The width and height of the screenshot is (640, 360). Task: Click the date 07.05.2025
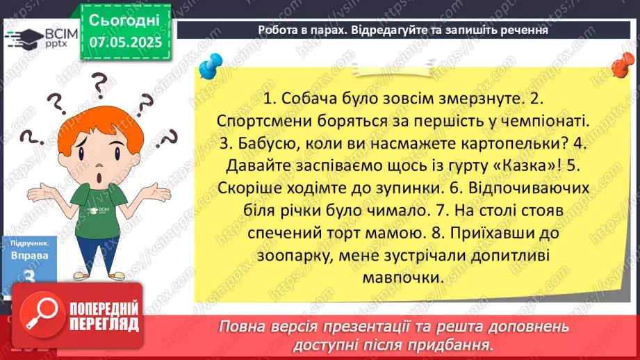(125, 42)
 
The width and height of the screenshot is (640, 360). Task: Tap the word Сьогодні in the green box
(125, 19)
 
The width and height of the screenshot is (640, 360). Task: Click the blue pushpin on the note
(208, 68)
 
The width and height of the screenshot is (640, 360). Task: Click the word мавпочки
(403, 276)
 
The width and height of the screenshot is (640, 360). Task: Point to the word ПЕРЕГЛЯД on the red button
(104, 324)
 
